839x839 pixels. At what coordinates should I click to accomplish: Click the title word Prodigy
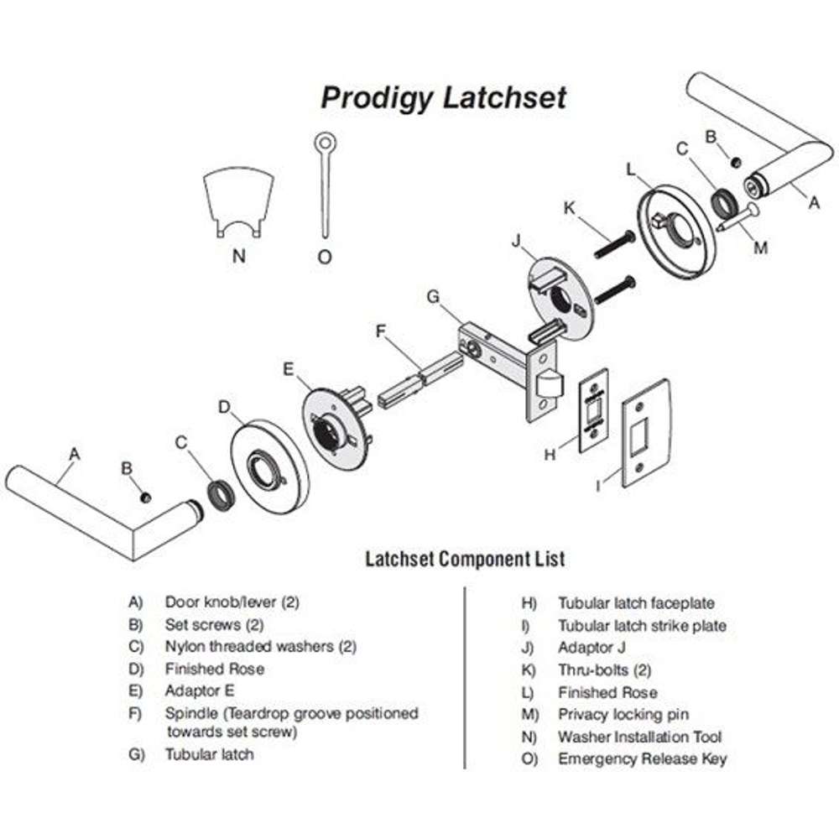click(x=376, y=98)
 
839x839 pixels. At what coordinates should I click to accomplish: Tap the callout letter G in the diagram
click(x=433, y=296)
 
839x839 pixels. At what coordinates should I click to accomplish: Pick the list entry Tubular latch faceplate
click(x=635, y=603)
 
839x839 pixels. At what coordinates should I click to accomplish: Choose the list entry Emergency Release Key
click(x=642, y=759)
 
